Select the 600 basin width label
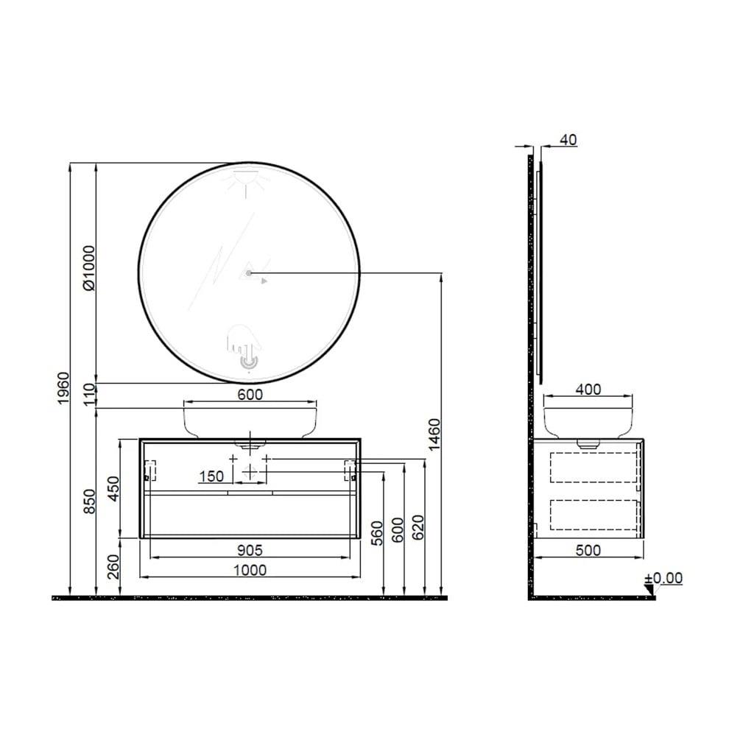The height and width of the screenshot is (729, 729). coord(250,395)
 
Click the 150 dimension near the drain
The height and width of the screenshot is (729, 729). coord(211,476)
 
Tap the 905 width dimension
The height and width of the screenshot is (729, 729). coord(250,549)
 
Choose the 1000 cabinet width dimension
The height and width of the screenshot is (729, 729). coord(250,569)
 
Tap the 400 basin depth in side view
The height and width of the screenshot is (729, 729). coord(588,389)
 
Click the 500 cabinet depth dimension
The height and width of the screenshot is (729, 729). coord(588,550)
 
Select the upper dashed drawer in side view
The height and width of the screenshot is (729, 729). coord(594,468)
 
